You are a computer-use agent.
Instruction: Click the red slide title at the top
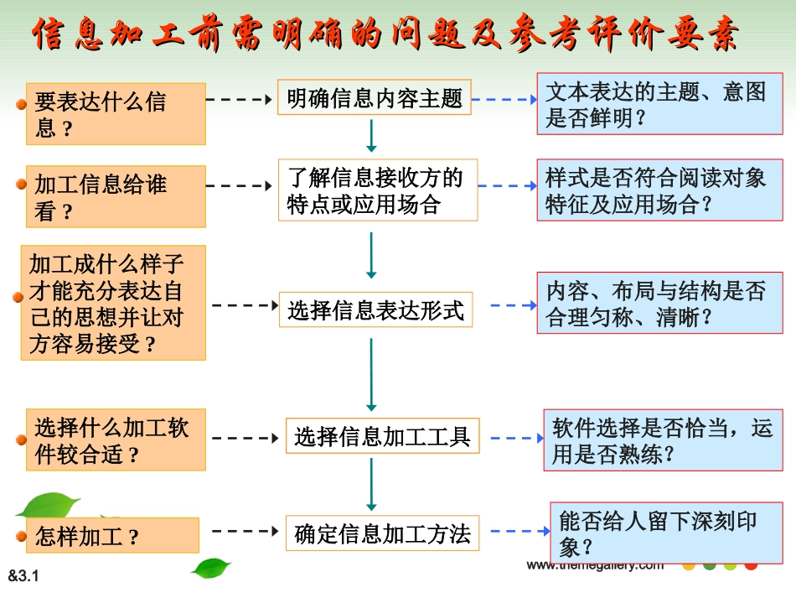click(385, 35)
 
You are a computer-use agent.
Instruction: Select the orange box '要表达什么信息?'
click(115, 114)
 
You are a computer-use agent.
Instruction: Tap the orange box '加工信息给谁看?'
click(115, 196)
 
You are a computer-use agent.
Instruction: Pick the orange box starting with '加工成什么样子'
click(113, 304)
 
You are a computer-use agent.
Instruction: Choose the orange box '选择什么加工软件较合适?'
click(115, 439)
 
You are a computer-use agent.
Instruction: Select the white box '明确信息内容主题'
click(375, 98)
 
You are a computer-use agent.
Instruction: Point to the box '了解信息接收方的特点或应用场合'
click(378, 190)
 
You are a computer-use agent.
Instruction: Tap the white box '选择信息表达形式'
click(375, 310)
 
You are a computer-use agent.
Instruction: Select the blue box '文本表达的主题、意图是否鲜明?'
click(659, 104)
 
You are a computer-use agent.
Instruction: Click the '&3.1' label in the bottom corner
click(24, 576)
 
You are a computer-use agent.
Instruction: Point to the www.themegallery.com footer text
click(595, 565)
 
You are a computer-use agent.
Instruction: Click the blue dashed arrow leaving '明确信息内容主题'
click(505, 100)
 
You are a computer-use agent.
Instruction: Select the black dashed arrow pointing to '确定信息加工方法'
click(246, 531)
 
